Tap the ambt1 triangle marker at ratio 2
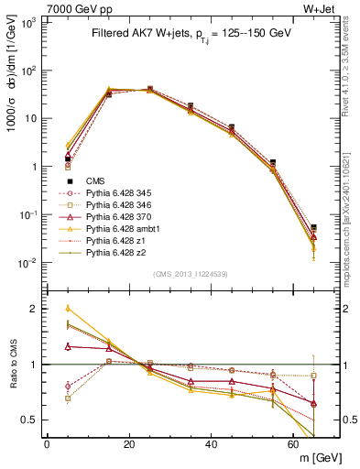(x=67, y=309)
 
